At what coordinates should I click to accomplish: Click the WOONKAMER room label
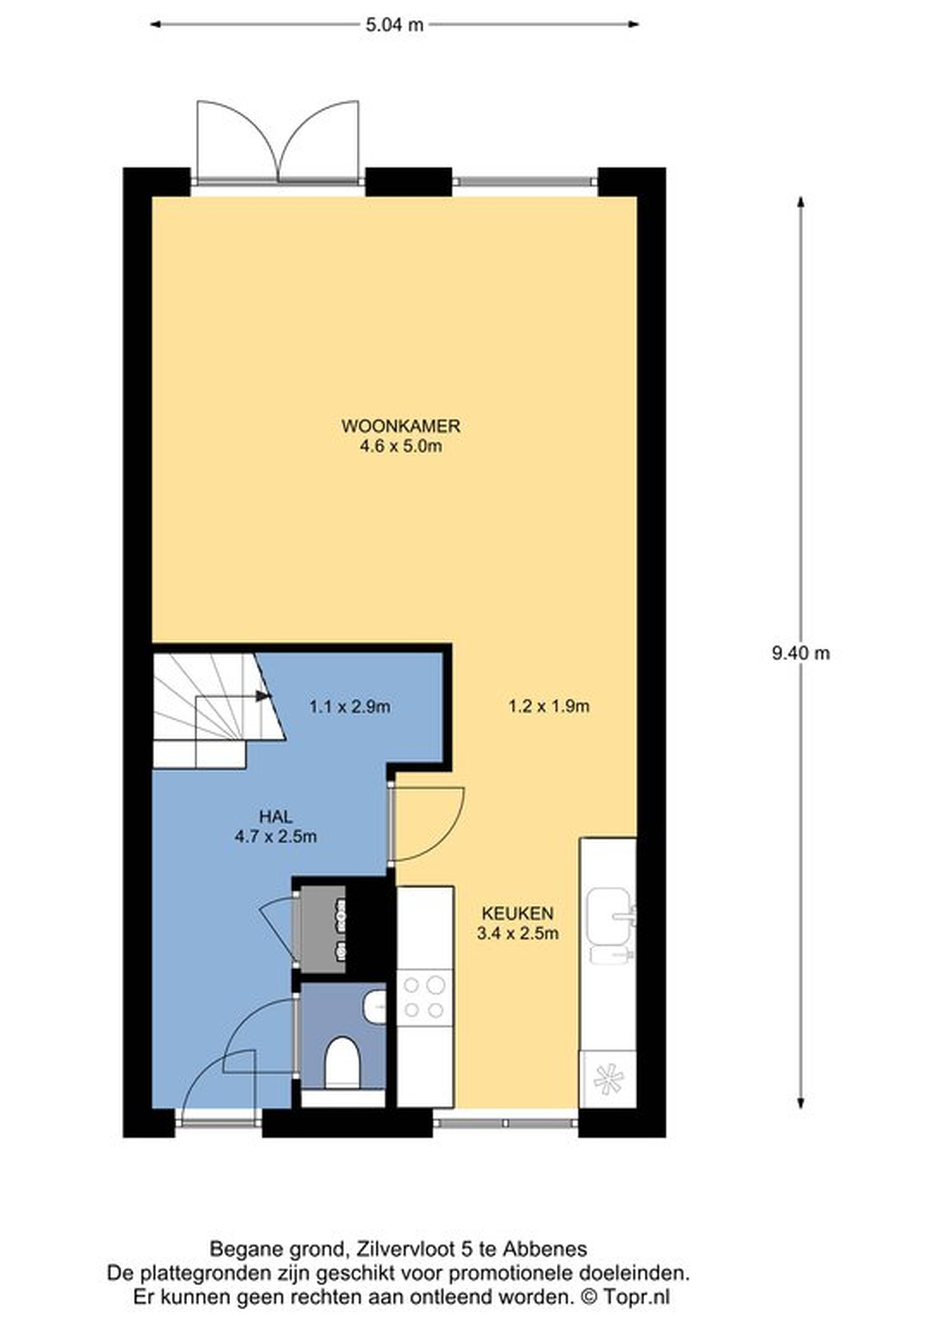(x=401, y=426)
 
